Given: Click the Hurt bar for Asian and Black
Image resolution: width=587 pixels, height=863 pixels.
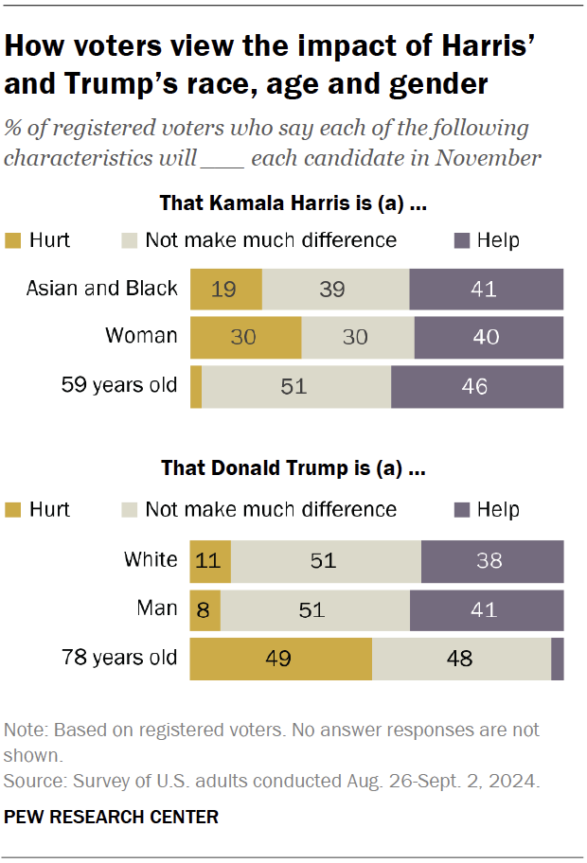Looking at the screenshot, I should [226, 288].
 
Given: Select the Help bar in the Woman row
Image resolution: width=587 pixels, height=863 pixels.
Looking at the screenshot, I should [489, 337].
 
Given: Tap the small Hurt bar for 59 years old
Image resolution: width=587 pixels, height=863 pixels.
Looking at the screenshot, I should [196, 386].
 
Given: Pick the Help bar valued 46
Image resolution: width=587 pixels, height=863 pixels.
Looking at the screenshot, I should [477, 386].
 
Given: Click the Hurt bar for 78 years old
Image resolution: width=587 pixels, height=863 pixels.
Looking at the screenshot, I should [281, 658].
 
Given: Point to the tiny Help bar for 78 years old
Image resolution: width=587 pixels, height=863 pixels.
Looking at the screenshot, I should [558, 658].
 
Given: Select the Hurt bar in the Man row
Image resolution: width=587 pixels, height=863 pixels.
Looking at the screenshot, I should [205, 608].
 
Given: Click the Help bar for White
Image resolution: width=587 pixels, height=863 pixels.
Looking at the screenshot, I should [492, 560].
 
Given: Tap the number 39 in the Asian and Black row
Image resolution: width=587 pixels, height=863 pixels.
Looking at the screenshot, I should [331, 289].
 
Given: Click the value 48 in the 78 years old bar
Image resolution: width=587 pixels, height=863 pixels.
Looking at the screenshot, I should [459, 658].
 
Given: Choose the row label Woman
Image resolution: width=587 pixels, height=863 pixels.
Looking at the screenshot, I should [141, 337].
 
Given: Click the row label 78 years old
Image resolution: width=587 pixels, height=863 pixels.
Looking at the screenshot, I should [119, 658].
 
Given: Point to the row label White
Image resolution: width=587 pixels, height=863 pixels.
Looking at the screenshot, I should [151, 560].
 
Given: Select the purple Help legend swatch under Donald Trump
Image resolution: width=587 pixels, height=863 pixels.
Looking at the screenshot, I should [462, 510].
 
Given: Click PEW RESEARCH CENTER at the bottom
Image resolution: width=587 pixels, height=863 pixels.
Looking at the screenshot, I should [111, 817].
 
